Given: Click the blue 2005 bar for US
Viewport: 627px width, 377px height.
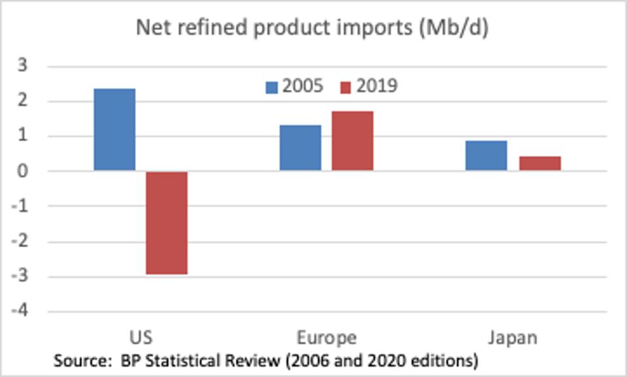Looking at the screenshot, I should [x=114, y=129].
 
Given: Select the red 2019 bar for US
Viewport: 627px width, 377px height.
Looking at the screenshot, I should [x=167, y=223].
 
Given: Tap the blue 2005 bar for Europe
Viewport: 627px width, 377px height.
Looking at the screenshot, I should [x=300, y=148].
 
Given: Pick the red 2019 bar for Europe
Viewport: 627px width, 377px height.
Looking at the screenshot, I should [x=352, y=140].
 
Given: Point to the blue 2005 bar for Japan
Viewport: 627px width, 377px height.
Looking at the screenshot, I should [x=486, y=156].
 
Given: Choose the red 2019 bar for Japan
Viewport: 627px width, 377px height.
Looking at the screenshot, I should [x=540, y=163].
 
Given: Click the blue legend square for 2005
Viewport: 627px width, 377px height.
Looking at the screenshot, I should [x=271, y=87].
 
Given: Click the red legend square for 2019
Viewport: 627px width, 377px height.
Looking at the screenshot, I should [x=346, y=87].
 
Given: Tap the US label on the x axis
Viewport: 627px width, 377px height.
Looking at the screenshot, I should [x=141, y=337].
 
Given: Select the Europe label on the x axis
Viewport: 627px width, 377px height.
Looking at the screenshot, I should [x=326, y=337].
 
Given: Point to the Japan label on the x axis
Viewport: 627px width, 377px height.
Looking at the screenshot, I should [x=513, y=337].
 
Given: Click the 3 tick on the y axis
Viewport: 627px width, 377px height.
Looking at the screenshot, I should [x=22, y=66].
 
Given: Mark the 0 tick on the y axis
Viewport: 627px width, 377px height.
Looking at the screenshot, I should [x=22, y=171].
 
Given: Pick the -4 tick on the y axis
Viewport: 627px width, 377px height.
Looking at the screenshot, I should [x=20, y=311].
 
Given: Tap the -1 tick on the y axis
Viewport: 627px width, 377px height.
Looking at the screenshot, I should [x=20, y=206].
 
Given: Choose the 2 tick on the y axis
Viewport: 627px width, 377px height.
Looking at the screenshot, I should [x=22, y=101].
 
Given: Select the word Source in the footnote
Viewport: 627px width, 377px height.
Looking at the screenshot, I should [x=76, y=360].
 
